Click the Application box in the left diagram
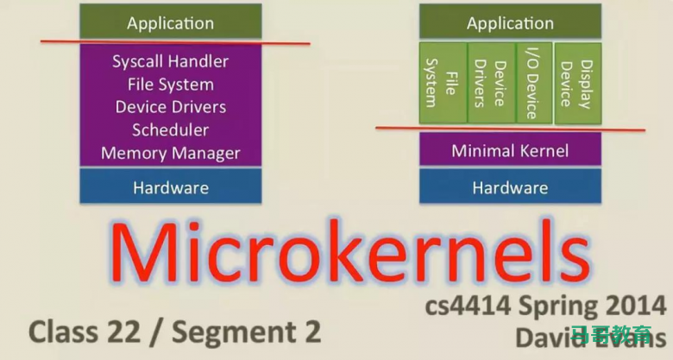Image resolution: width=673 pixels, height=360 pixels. pos(170,22)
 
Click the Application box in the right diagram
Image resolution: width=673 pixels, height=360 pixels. pos(510,22)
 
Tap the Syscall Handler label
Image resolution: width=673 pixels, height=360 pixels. pos(170,61)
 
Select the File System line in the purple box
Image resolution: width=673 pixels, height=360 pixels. pos(170,85)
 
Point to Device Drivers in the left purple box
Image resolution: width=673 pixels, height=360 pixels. pos(170,107)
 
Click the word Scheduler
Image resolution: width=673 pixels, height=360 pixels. pos(170,130)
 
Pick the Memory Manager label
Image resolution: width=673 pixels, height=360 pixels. pos(170,154)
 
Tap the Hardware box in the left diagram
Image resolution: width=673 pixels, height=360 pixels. pos(170,186)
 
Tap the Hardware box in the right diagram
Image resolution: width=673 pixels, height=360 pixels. pos(510,186)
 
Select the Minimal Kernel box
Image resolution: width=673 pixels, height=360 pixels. pos(510,151)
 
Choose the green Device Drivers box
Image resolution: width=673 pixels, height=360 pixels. pos(488,83)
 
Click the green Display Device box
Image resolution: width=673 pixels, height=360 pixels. pos(576,83)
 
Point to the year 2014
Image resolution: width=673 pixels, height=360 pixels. pos(633,307)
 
